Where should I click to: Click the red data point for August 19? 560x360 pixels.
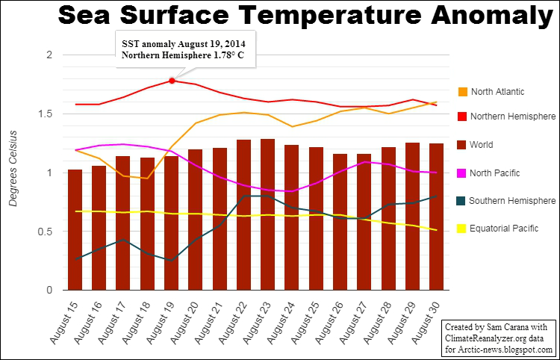(x=172, y=81)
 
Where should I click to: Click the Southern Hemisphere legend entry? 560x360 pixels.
(x=513, y=201)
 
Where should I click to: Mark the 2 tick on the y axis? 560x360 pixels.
(x=49, y=55)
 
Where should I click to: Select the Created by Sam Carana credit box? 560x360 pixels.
(x=498, y=338)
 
